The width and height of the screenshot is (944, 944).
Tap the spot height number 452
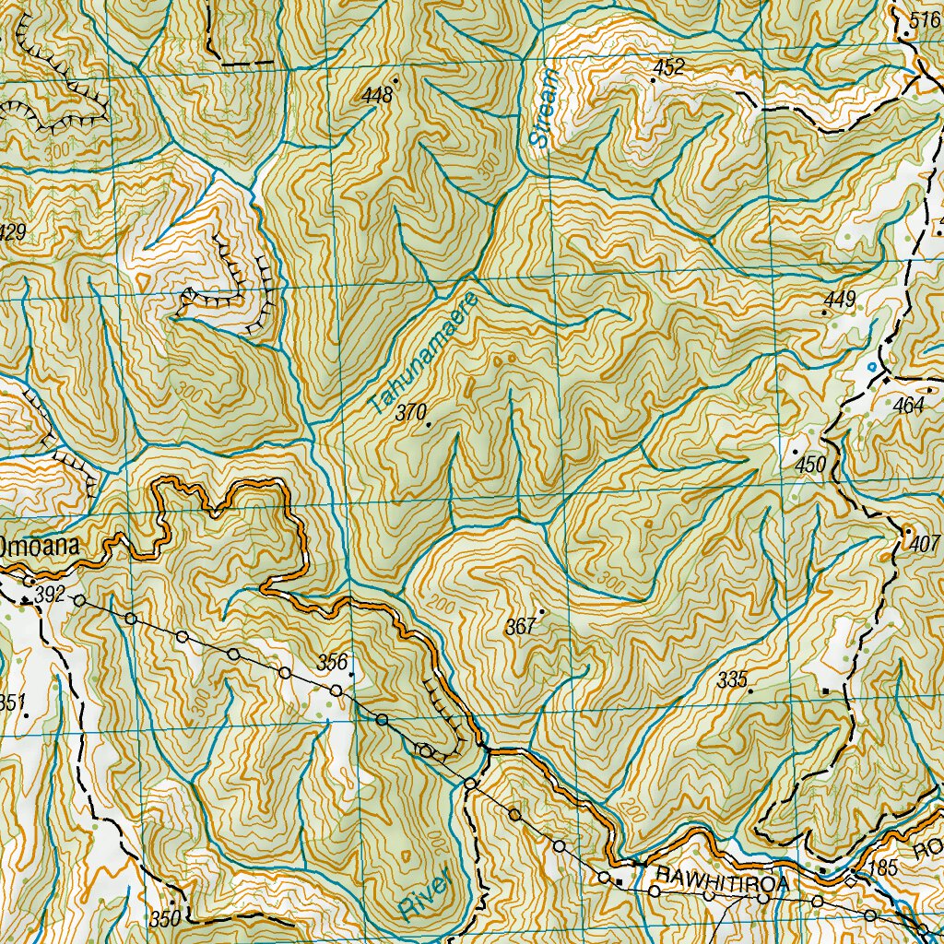pyautogui.click(x=669, y=66)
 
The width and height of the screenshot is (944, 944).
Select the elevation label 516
pyautogui.click(x=925, y=20)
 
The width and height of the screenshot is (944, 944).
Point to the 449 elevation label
pyautogui.click(x=841, y=299)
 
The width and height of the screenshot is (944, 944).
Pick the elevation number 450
pyautogui.click(x=811, y=466)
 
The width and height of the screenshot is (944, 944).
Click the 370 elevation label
pyautogui.click(x=409, y=413)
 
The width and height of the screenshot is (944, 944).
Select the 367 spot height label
pyautogui.click(x=521, y=628)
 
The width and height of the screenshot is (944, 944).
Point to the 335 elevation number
pyautogui.click(x=732, y=680)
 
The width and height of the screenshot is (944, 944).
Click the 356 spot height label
pyautogui.click(x=332, y=662)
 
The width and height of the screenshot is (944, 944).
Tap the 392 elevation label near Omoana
pyautogui.click(x=52, y=597)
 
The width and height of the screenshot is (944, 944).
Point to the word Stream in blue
pyautogui.click(x=545, y=108)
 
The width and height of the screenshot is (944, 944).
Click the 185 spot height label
pyautogui.click(x=882, y=867)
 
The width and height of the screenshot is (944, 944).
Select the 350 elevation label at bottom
pyautogui.click(x=164, y=919)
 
